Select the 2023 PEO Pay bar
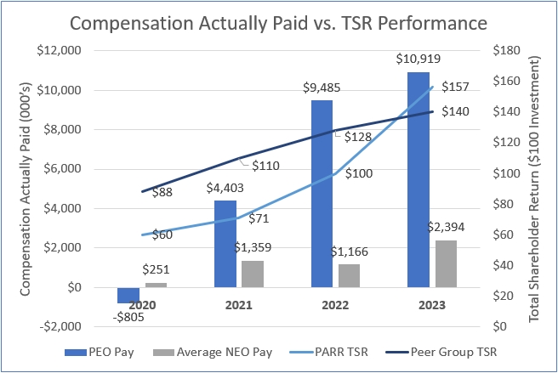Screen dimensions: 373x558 [x=418, y=178]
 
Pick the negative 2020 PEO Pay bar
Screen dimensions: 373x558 [x=128, y=295]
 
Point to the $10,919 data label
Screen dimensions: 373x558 [x=419, y=59]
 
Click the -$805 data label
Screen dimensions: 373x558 [x=128, y=315]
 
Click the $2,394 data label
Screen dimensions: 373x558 [x=447, y=228]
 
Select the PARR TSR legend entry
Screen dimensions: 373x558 [x=349, y=350]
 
